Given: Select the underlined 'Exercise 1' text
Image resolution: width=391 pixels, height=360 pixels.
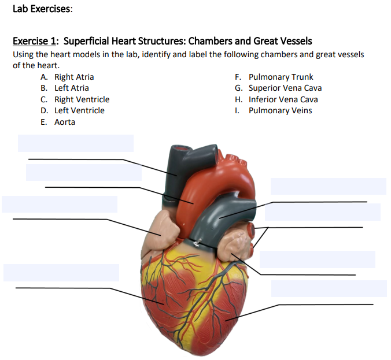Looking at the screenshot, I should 35,41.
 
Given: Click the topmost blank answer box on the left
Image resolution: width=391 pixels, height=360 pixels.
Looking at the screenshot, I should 75,143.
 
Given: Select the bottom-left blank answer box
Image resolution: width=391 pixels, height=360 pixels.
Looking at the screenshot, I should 61,273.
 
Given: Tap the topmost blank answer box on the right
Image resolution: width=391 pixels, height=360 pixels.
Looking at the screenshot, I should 328,186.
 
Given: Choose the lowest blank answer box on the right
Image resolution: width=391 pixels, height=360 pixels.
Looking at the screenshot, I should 329,288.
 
